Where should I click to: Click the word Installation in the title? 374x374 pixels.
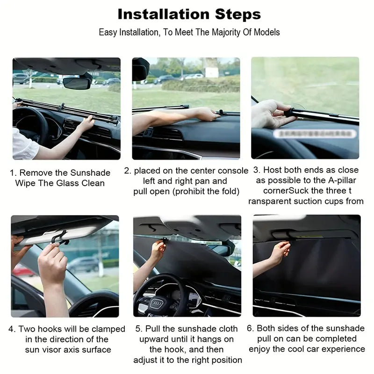tap(158, 14)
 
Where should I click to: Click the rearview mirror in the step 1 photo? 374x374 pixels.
tap(77, 83)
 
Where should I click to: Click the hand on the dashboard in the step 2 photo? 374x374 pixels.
tap(206, 114)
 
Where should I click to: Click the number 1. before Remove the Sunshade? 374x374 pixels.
tap(14, 173)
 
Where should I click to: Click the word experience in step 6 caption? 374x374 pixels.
tap(343, 349)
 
